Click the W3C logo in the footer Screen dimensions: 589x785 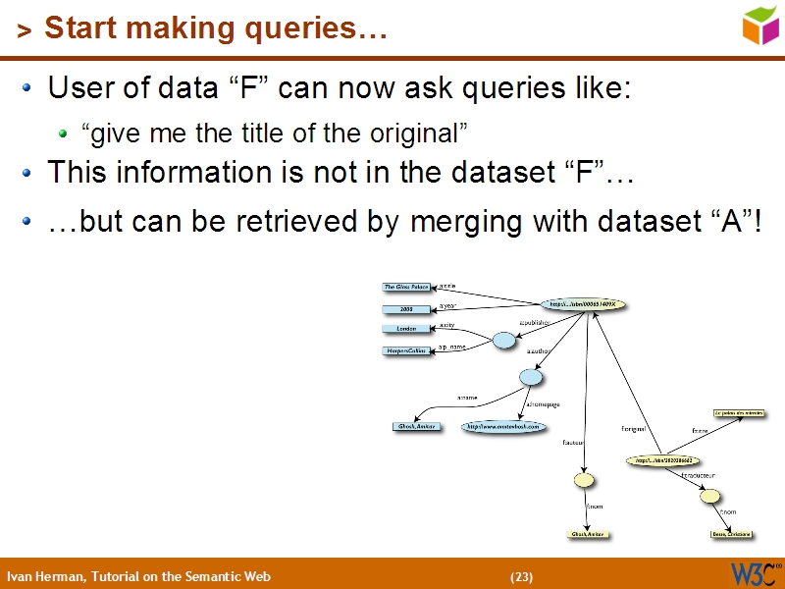754,573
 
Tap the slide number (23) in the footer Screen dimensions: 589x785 521,576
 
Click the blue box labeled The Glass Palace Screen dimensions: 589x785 407,287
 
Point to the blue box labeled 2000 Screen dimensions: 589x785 407,309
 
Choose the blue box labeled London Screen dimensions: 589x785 407,329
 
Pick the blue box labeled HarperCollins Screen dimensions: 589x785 407,350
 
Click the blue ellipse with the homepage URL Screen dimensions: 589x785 502,427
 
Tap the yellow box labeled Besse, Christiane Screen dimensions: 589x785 732,534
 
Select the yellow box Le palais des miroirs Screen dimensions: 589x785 739,414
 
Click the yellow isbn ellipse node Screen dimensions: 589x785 664,459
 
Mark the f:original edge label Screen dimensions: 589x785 633,429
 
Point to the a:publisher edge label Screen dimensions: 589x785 536,322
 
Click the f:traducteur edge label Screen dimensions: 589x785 698,476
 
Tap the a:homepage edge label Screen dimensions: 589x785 545,403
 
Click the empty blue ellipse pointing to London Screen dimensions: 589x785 503,341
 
